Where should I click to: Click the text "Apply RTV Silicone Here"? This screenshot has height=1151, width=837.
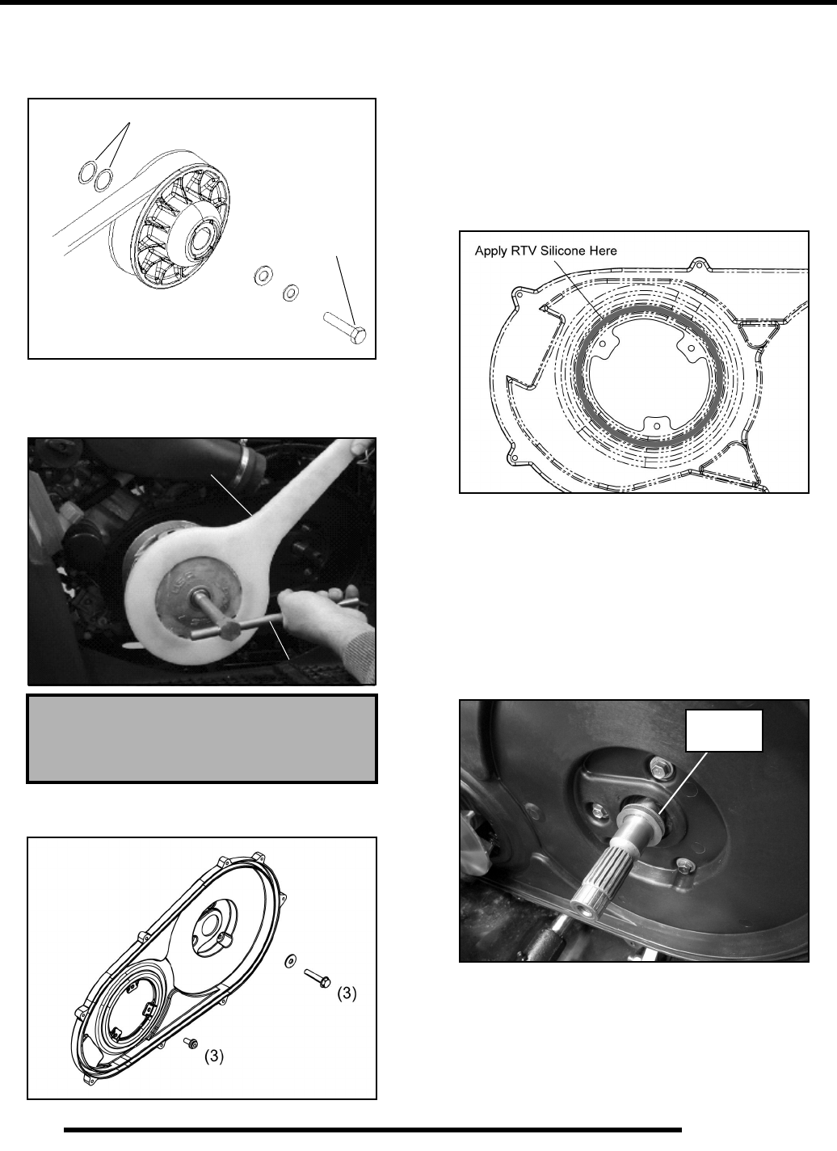545,251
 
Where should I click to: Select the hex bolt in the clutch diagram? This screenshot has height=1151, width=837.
344,327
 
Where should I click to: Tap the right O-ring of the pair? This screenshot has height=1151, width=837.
104,179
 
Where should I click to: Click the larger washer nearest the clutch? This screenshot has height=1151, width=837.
263,274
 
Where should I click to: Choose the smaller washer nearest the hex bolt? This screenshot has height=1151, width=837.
291,293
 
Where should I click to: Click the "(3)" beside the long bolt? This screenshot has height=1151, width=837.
347,993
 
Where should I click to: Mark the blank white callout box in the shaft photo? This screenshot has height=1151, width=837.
724,731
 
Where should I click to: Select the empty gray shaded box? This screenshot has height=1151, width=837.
202,739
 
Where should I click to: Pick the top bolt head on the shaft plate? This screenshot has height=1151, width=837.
658,770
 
